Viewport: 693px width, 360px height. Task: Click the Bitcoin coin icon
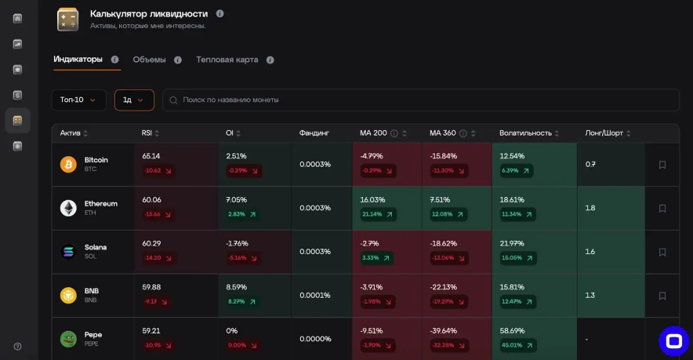68,165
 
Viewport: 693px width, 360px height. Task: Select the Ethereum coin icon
68,208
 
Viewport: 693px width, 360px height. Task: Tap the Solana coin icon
68,252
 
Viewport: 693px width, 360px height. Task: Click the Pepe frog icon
68,339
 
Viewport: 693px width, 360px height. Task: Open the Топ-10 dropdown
78,100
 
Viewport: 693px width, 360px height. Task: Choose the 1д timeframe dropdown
134,100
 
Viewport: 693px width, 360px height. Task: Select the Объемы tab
149,60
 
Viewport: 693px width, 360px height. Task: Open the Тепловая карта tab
227,60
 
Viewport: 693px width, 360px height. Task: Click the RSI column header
147,133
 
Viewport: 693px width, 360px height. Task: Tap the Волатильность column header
526,133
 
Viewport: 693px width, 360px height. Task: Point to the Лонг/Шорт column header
604,133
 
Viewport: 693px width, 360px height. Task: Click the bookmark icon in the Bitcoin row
662,165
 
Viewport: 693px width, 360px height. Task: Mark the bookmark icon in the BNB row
662,296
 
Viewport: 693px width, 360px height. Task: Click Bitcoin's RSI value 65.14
151,156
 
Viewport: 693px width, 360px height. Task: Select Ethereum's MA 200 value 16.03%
373,200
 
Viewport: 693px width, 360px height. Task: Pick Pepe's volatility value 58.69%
512,331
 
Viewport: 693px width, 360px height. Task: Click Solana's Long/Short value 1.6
590,252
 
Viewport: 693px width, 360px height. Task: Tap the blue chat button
673,340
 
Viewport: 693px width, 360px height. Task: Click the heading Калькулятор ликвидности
149,13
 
